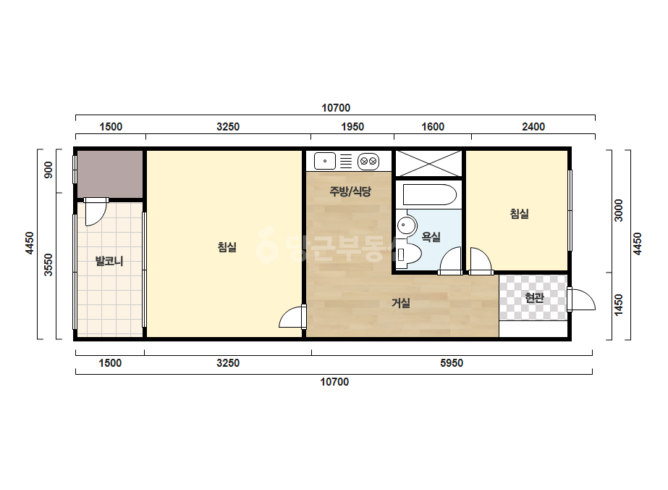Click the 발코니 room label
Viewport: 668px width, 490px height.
[x=109, y=261]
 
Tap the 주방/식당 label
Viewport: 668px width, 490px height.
[x=350, y=191]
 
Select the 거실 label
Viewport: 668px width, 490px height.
[x=401, y=303]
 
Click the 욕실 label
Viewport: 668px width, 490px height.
[x=431, y=237]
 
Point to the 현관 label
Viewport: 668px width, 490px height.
[x=534, y=297]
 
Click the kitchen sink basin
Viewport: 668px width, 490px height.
[x=325, y=162]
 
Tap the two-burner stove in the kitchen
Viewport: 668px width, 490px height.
[x=368, y=162]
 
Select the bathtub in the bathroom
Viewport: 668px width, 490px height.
[x=429, y=195]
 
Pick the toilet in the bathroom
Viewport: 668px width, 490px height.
[x=407, y=254]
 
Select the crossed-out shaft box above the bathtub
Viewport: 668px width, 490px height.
[x=429, y=163]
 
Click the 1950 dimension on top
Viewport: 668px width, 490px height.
[x=352, y=127]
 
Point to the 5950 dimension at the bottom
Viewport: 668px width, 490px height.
[x=451, y=363]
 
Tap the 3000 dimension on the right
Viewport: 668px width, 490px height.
[x=618, y=210]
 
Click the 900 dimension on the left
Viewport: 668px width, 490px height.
[x=48, y=170]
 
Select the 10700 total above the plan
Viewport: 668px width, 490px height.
[x=336, y=108]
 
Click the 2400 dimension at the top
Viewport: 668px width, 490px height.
[x=533, y=127]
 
